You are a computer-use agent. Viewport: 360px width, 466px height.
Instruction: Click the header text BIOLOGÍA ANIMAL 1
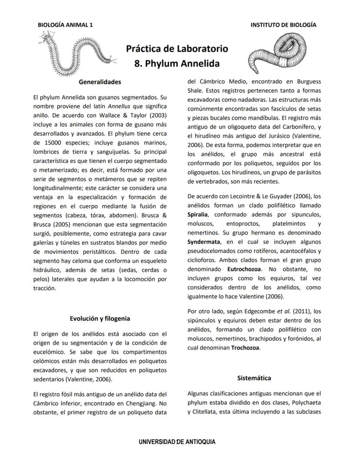point(65,25)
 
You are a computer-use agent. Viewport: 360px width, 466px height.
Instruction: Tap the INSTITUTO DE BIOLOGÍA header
point(283,25)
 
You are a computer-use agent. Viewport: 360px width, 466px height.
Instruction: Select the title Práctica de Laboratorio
point(177,48)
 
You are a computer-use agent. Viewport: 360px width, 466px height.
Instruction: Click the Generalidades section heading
point(100,82)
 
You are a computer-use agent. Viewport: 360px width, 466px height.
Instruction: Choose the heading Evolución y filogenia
point(100,318)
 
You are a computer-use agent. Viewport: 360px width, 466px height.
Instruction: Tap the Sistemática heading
point(254,378)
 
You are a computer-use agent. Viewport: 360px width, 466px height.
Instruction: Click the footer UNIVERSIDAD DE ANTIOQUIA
point(177,442)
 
